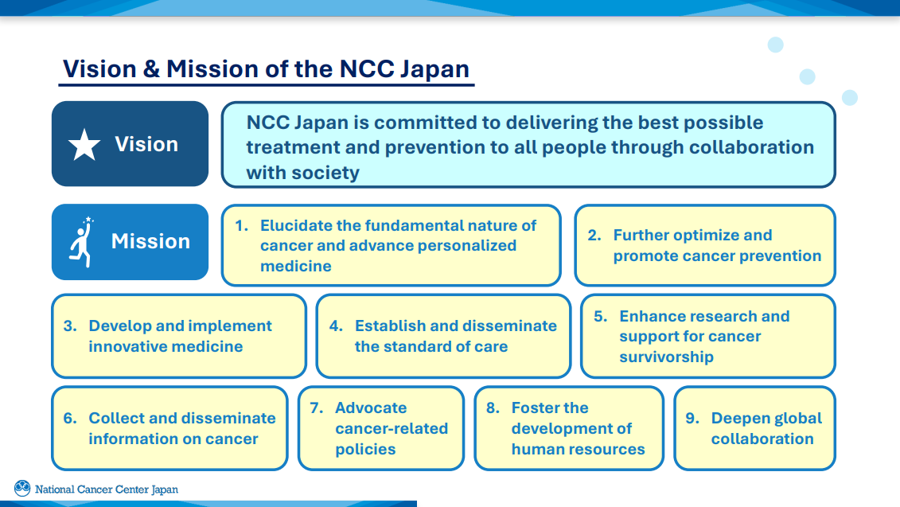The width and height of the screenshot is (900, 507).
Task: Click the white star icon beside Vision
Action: click(x=84, y=145)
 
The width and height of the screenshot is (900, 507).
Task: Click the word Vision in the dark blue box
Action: click(x=146, y=144)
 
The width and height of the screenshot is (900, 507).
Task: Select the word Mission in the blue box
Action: click(x=150, y=241)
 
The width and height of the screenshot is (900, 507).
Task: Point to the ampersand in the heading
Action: click(x=151, y=68)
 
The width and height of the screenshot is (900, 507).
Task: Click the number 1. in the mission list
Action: click(x=241, y=225)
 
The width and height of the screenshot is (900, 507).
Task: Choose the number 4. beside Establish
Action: click(x=336, y=326)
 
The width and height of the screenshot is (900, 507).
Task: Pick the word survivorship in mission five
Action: click(x=666, y=357)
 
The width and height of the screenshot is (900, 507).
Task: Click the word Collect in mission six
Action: click(x=116, y=418)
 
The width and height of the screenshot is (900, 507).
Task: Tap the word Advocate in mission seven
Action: click(x=371, y=408)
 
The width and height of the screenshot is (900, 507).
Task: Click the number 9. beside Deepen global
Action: click(x=692, y=418)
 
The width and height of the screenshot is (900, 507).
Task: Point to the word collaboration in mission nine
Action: click(x=762, y=439)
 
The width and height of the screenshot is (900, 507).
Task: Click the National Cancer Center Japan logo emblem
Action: click(x=22, y=489)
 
